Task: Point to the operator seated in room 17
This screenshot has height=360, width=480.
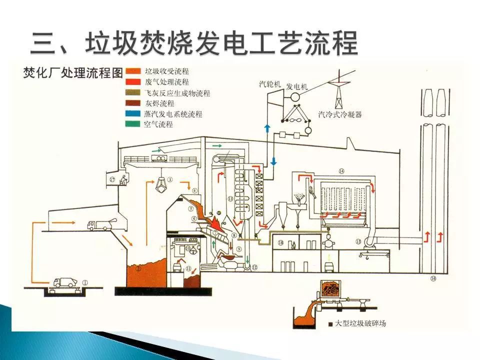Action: pyautogui.click(x=122, y=178)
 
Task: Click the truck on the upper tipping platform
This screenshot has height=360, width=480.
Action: pyautogui.click(x=99, y=225)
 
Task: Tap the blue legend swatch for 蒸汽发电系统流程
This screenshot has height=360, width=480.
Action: pyautogui.click(x=133, y=114)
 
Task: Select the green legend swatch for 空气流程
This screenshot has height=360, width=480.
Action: pyautogui.click(x=133, y=124)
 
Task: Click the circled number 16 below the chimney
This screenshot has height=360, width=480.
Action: pyautogui.click(x=433, y=278)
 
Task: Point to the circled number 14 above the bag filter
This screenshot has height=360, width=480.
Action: pyautogui.click(x=341, y=171)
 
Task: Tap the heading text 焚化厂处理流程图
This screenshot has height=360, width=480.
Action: pyautogui.click(x=72, y=71)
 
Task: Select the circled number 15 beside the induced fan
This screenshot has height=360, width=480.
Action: pyautogui.click(x=358, y=242)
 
